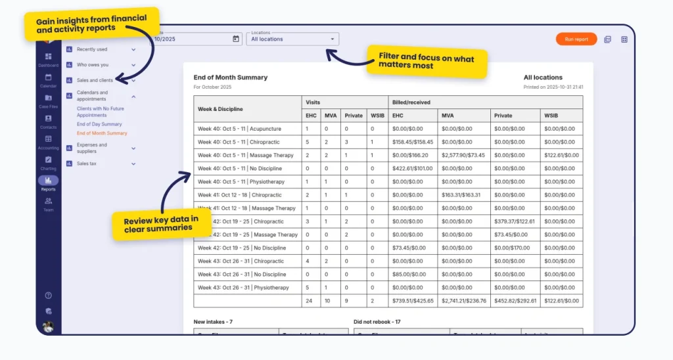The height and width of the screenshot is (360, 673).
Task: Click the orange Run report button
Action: pyautogui.click(x=576, y=39)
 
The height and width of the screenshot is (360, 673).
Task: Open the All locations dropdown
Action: pyautogui.click(x=292, y=39)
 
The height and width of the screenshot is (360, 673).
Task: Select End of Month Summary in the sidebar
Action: pyautogui.click(x=102, y=133)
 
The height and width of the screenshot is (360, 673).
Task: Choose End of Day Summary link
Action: pyautogui.click(x=99, y=124)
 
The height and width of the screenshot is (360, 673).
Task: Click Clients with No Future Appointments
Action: pyautogui.click(x=100, y=111)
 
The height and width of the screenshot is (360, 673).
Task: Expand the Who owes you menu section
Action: pyautogui.click(x=102, y=65)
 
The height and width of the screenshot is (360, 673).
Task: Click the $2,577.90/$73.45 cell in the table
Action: pyautogui.click(x=463, y=155)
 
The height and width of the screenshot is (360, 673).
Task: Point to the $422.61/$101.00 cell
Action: pyautogui.click(x=412, y=168)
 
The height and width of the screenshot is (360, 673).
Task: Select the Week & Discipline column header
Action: pyautogui.click(x=220, y=108)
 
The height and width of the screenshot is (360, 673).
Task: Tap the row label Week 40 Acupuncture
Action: pyautogui.click(x=239, y=129)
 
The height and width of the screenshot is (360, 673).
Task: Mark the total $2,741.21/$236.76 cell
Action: pyautogui.click(x=464, y=301)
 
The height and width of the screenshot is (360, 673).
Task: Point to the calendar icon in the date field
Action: pyautogui.click(x=236, y=39)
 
